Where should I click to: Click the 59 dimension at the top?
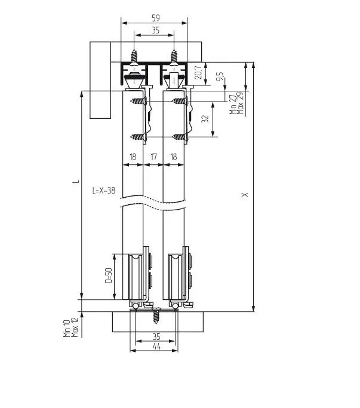point(156,18)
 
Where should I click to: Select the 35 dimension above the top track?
point(155,30)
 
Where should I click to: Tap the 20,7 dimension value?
point(198,72)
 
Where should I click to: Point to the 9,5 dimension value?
point(220,76)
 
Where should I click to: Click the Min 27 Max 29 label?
point(236,104)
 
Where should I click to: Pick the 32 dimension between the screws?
point(205,119)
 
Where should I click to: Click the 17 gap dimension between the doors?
point(153,157)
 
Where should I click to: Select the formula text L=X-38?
point(103,191)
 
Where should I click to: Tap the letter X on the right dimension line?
point(245,194)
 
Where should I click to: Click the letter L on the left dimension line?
point(76,180)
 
